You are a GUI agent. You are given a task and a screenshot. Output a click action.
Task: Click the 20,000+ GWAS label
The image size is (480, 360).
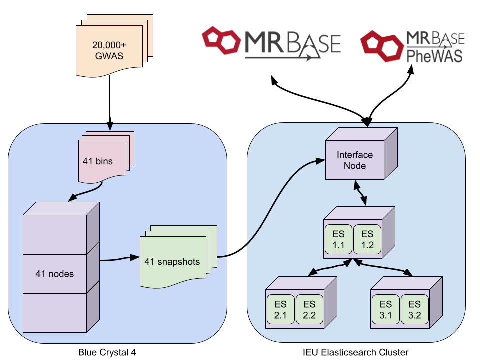coord(109,50)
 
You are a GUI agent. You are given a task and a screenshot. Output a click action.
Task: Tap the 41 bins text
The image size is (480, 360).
coord(98,161)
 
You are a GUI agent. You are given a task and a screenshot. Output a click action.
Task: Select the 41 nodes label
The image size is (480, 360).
coord(55,274)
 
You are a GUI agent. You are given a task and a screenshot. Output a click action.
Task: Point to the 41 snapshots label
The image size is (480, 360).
coord(172,261)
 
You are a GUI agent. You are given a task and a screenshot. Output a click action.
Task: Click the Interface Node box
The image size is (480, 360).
coord(355,160)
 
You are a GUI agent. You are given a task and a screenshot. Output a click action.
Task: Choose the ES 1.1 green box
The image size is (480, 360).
coord(339,239)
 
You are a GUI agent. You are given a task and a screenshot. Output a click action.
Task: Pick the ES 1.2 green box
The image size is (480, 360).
coord(367,239)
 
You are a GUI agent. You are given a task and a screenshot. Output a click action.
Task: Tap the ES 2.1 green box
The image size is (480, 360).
coord(281,309)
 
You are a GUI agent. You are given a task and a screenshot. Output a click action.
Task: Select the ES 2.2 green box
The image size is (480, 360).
coord(309,309)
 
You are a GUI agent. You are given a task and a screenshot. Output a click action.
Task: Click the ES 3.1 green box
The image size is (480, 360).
coord(385,309)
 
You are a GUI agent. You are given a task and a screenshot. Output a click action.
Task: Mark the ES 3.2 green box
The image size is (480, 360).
coord(414,309)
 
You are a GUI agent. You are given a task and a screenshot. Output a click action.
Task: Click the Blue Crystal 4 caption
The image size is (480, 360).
coord(107,352)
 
